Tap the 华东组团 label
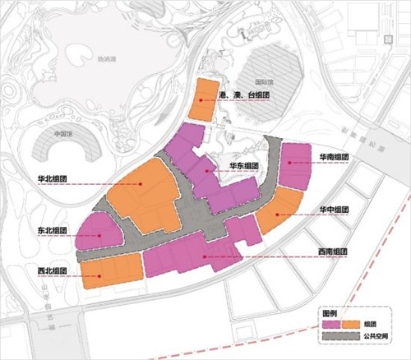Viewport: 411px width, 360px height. [244, 165]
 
